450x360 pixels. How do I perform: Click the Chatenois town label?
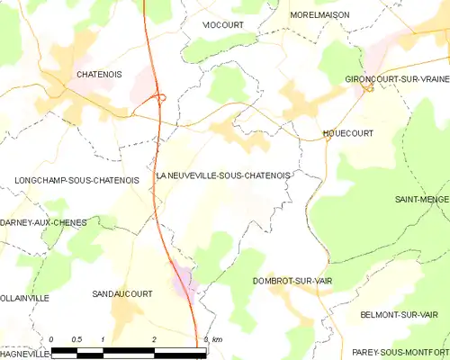point(99,75)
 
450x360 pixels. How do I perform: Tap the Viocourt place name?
point(223,24)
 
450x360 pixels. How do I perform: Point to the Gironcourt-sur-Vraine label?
point(397,79)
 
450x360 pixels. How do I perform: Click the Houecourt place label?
point(347,133)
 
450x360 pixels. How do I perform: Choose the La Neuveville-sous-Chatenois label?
point(223,175)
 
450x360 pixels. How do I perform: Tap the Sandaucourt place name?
point(122,293)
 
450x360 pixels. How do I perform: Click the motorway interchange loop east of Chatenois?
point(159,98)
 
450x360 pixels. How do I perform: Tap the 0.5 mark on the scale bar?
point(77,338)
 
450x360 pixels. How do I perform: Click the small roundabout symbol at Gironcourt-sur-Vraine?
point(369,88)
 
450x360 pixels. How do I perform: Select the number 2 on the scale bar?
point(155,338)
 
